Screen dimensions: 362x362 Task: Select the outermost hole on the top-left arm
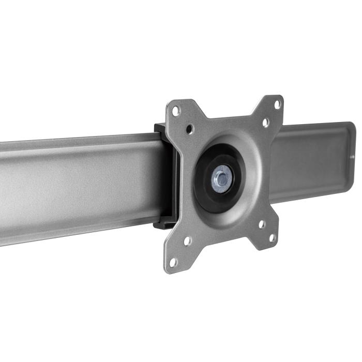(x=176, y=111)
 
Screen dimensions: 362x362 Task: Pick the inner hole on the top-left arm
(x=189, y=128)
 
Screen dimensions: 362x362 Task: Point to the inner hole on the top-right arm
(x=265, y=123)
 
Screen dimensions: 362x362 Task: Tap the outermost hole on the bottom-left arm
(x=173, y=262)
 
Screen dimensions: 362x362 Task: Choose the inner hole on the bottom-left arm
(x=187, y=240)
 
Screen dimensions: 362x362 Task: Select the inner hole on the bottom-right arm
(x=262, y=224)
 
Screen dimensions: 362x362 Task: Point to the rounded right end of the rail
(x=352, y=155)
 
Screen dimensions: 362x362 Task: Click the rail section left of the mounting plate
(x=78, y=186)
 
